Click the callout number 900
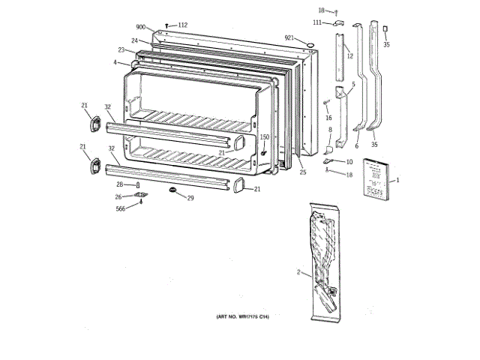[142, 26]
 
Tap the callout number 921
[289, 37]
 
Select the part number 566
[121, 208]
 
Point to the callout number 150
[264, 136]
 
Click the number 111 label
[317, 23]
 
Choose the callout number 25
[303, 172]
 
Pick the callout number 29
[190, 198]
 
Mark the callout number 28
[119, 184]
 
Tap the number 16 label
[328, 118]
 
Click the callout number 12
[349, 55]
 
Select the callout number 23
[120, 50]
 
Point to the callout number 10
[349, 161]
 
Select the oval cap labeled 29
[173, 191]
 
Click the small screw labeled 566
[140, 202]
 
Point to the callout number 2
[298, 273]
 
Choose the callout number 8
[328, 130]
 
